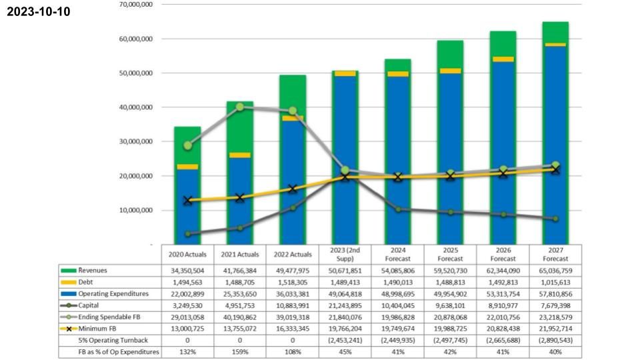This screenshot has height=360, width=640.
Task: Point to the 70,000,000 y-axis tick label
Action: (x=135, y=5)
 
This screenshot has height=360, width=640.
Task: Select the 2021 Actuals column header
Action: (x=240, y=254)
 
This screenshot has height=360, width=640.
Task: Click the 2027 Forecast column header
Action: (x=555, y=254)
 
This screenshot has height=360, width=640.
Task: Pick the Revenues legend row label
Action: (x=93, y=270)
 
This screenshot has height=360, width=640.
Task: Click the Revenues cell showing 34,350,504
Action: (x=187, y=270)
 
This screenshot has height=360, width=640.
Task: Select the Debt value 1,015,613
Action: (x=555, y=282)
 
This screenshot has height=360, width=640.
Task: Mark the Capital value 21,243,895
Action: (x=345, y=305)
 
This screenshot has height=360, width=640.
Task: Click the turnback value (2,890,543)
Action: (x=555, y=340)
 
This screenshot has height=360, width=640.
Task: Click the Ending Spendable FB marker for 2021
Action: (x=240, y=107)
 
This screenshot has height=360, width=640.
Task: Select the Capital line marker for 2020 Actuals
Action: (x=188, y=234)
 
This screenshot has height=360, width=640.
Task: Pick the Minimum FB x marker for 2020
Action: (x=188, y=200)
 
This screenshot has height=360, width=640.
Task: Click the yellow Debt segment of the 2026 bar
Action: (x=503, y=59)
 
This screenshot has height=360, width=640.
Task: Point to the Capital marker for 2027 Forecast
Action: (x=555, y=219)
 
